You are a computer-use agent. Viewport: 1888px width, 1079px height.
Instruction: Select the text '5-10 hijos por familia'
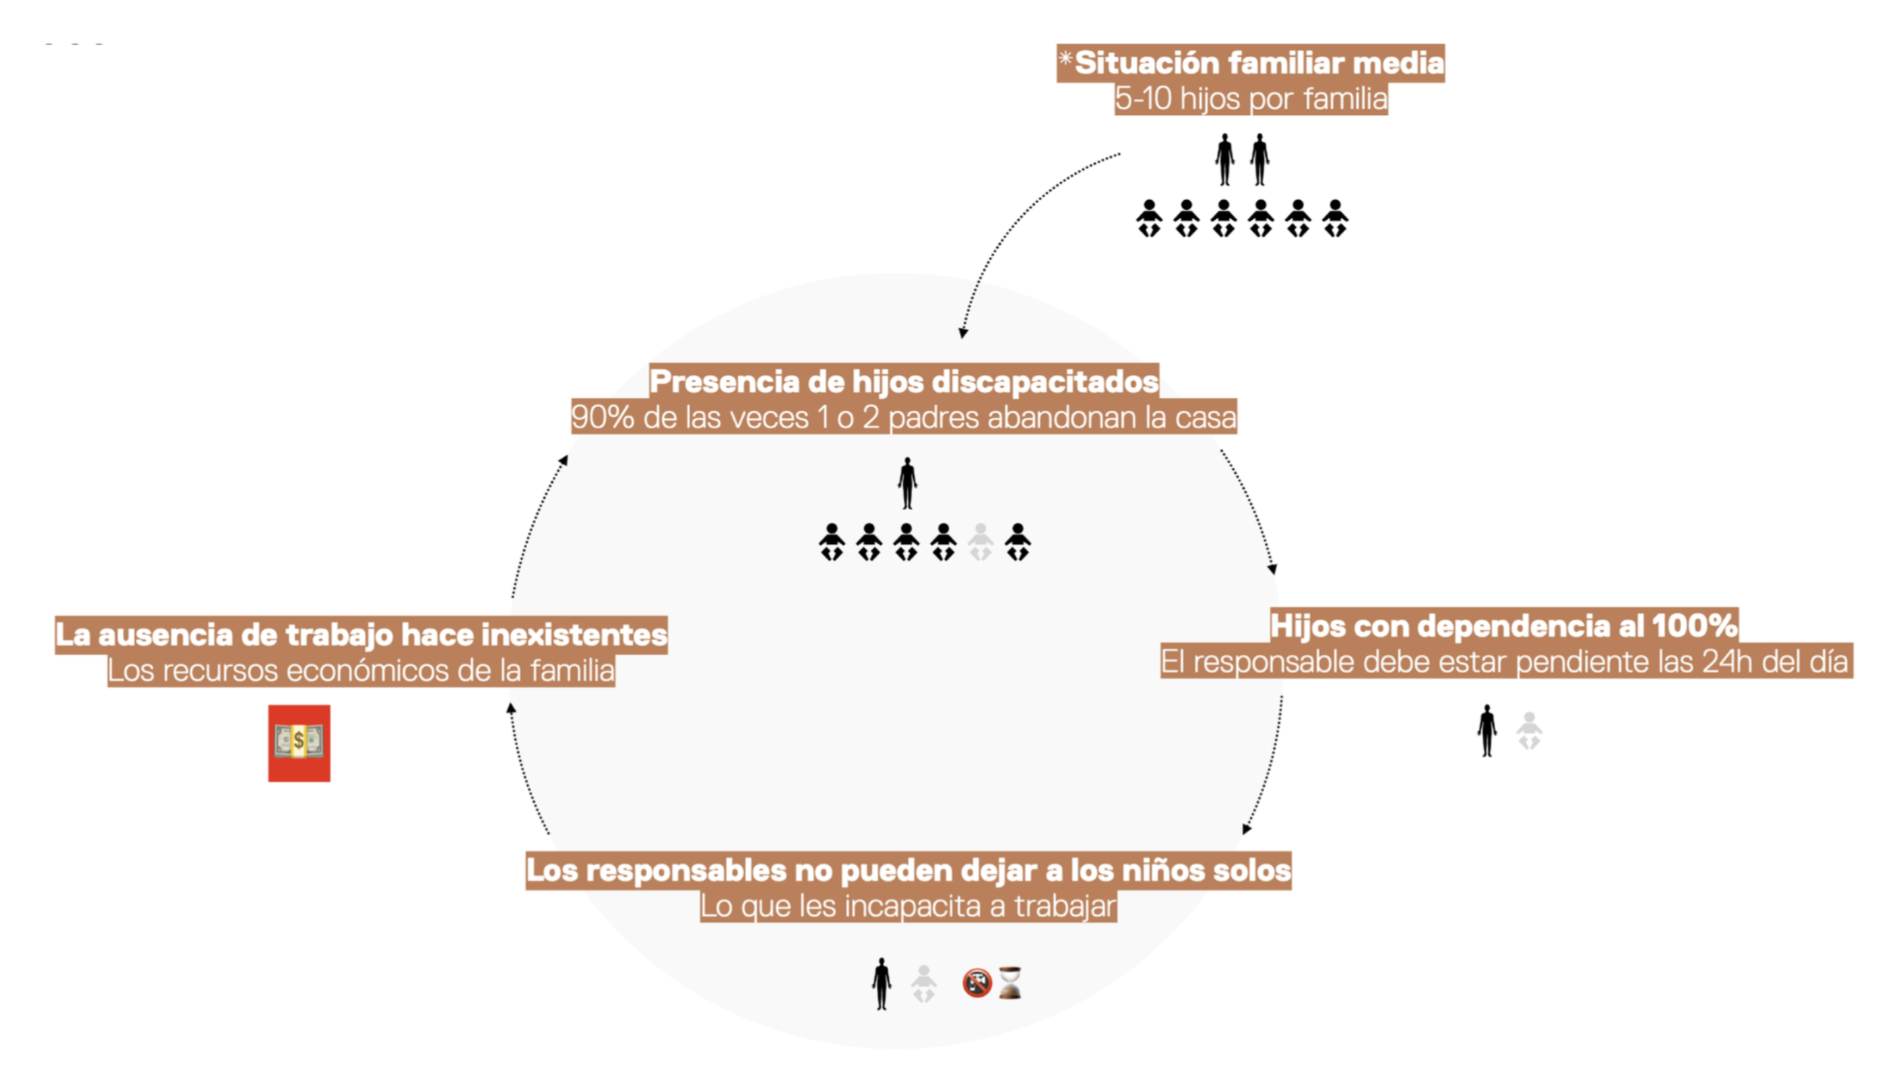point(1251,99)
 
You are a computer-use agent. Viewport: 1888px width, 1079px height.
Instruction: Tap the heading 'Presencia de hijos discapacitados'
point(904,382)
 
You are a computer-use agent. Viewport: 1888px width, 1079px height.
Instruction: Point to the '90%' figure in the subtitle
point(602,418)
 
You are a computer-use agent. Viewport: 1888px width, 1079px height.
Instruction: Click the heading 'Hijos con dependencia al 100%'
point(1504,626)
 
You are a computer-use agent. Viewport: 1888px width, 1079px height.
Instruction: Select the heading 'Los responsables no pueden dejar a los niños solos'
point(909,870)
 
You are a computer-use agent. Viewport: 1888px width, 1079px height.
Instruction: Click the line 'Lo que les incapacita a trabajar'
point(908,906)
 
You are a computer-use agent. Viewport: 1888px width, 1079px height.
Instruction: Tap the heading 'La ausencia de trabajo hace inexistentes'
point(361,635)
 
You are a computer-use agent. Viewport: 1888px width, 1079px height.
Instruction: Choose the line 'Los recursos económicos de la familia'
point(361,670)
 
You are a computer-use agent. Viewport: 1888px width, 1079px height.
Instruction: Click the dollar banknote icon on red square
point(299,743)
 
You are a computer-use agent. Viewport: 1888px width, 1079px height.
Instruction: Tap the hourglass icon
point(1010,983)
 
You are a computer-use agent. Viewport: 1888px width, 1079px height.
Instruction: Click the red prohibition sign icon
point(976,983)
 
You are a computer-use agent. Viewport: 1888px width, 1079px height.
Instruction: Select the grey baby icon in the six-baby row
point(980,542)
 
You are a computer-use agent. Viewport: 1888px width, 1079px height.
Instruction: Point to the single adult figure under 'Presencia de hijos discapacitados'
point(908,483)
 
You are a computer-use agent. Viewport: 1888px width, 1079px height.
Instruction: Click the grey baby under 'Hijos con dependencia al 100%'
point(1529,731)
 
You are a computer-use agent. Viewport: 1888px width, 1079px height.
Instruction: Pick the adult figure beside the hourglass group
point(881,984)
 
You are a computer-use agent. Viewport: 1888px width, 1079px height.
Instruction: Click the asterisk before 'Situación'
point(1066,59)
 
